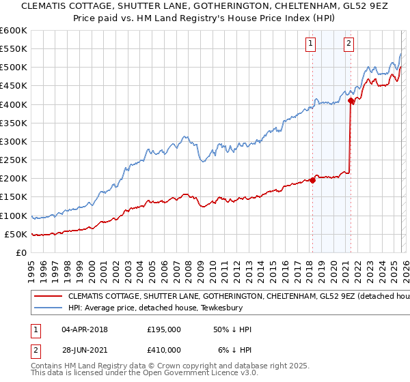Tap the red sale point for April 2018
(x=312, y=180)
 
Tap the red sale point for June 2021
(x=351, y=101)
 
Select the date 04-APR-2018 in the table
(x=84, y=329)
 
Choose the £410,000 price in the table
(x=164, y=350)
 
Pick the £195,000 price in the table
(x=164, y=329)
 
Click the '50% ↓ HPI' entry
(x=232, y=329)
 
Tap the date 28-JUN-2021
(x=84, y=350)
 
